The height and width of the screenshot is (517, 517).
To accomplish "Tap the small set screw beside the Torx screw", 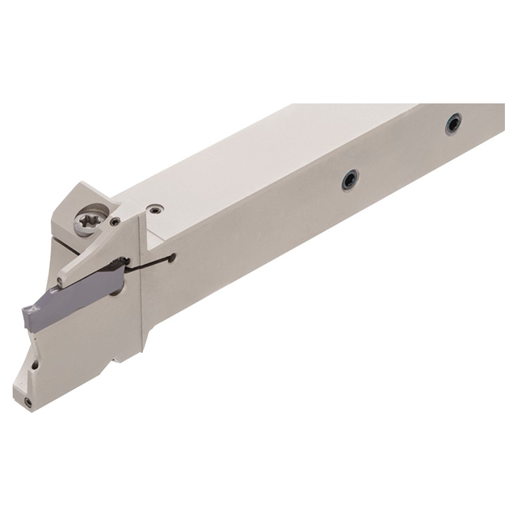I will pos(116,221).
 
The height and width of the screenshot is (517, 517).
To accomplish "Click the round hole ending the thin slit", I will pos(171,258).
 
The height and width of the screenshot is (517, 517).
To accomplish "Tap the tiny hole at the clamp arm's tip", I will pos(60,281).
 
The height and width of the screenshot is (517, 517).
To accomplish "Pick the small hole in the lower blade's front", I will pos(34,364).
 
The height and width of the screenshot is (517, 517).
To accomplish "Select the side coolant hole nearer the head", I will pos(349,180).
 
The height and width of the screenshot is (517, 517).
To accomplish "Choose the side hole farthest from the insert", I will pos(453,124).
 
